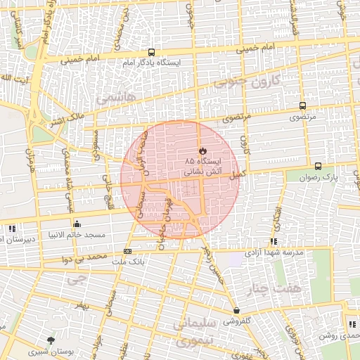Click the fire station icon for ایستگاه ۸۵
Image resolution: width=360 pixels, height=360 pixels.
click(x=202, y=150)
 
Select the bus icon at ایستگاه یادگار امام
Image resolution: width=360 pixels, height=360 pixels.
click(x=151, y=52)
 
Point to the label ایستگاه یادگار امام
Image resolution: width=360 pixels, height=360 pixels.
click(x=162, y=63)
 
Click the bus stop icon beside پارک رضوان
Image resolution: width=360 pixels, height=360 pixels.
click(x=319, y=167)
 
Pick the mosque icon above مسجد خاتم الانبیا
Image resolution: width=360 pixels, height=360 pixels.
click(x=76, y=224)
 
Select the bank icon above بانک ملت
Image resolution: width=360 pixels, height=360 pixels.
click(x=127, y=251)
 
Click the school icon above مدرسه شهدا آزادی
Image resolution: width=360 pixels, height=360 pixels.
click(x=273, y=242)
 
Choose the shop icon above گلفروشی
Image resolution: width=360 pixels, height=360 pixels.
click(x=236, y=310)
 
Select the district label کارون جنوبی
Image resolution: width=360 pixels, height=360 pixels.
click(x=246, y=82)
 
